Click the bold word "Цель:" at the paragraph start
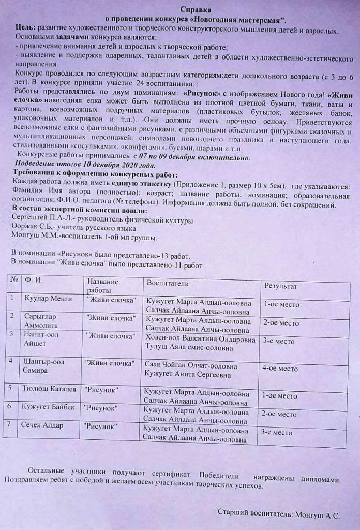pos(25,31)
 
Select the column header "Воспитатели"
pos(168,284)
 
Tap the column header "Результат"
pos(281,286)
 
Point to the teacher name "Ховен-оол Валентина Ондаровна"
pos(200,340)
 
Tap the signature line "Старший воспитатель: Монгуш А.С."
pos(278,515)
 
